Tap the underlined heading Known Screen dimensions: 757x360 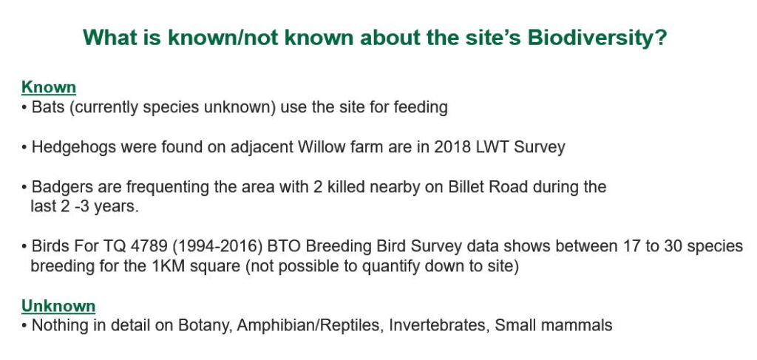point(49,87)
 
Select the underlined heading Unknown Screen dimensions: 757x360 point(58,306)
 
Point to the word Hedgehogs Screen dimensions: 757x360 point(74,147)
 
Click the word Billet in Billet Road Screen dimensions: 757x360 point(466,186)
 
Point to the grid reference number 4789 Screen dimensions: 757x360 point(149,246)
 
